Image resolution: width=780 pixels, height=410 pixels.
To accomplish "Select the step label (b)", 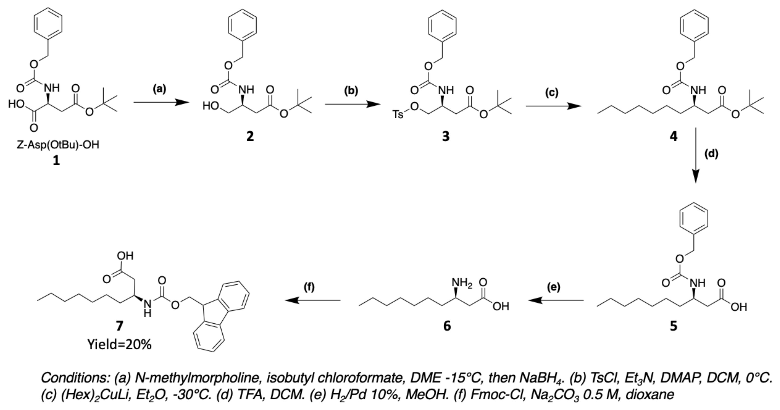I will (x=351, y=91).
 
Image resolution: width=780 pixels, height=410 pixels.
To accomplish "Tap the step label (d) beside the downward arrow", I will (x=711, y=154).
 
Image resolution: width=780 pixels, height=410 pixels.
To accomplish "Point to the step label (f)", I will (x=309, y=287).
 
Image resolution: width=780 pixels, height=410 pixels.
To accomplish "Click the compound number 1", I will (x=56, y=161).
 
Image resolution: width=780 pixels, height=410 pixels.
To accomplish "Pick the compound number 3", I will (x=446, y=137).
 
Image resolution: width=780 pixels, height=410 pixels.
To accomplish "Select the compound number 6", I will (x=447, y=326).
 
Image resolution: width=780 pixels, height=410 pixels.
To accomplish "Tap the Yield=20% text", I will (x=119, y=345).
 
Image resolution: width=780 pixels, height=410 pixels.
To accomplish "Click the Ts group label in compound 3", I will (x=398, y=115).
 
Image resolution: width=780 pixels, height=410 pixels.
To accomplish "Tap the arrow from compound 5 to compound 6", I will (x=556, y=300).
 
